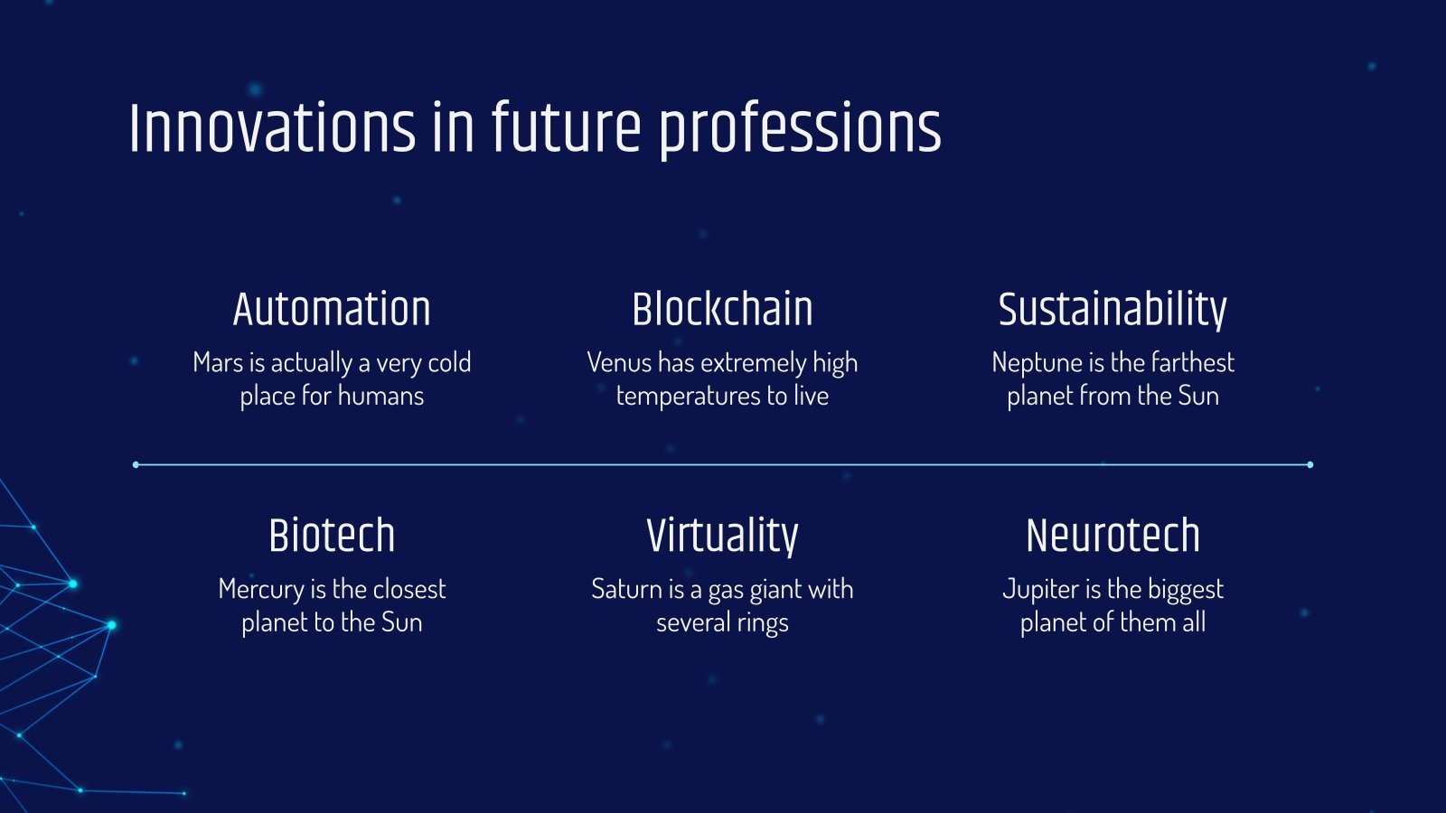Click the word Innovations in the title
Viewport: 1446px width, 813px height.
pyautogui.click(x=271, y=128)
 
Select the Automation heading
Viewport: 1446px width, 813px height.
pyautogui.click(x=332, y=310)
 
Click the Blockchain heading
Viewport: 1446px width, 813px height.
pyautogui.click(x=722, y=310)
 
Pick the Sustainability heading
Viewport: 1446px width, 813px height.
pyautogui.click(x=1113, y=310)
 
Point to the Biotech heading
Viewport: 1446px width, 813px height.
pyautogui.click(x=332, y=536)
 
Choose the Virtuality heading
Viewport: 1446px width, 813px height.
pyautogui.click(x=722, y=536)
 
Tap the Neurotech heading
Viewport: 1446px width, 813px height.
pyautogui.click(x=1113, y=536)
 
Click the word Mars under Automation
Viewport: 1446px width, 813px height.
pyautogui.click(x=217, y=363)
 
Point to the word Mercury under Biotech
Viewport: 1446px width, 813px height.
pyautogui.click(x=260, y=590)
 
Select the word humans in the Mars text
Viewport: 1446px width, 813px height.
pyautogui.click(x=380, y=397)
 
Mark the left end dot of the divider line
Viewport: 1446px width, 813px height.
pyautogui.click(x=136, y=464)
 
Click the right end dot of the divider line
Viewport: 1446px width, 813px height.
pyautogui.click(x=1310, y=464)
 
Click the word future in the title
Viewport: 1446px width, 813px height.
pyautogui.click(x=566, y=128)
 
